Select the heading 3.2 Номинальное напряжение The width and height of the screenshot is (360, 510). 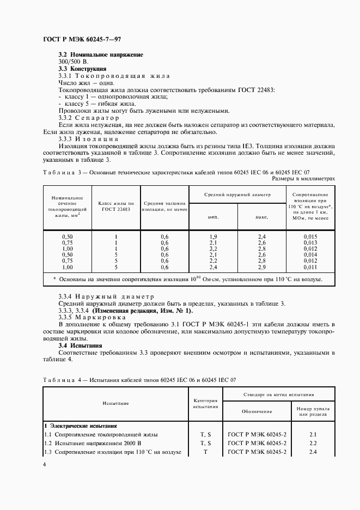[101, 55]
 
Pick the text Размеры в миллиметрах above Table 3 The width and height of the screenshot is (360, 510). [303, 178]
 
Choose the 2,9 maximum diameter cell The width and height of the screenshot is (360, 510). [261, 268]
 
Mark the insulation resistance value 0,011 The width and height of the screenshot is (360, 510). [310, 268]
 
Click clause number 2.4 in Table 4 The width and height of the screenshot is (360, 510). [313, 452]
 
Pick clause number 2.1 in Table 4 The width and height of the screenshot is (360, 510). [313, 434]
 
